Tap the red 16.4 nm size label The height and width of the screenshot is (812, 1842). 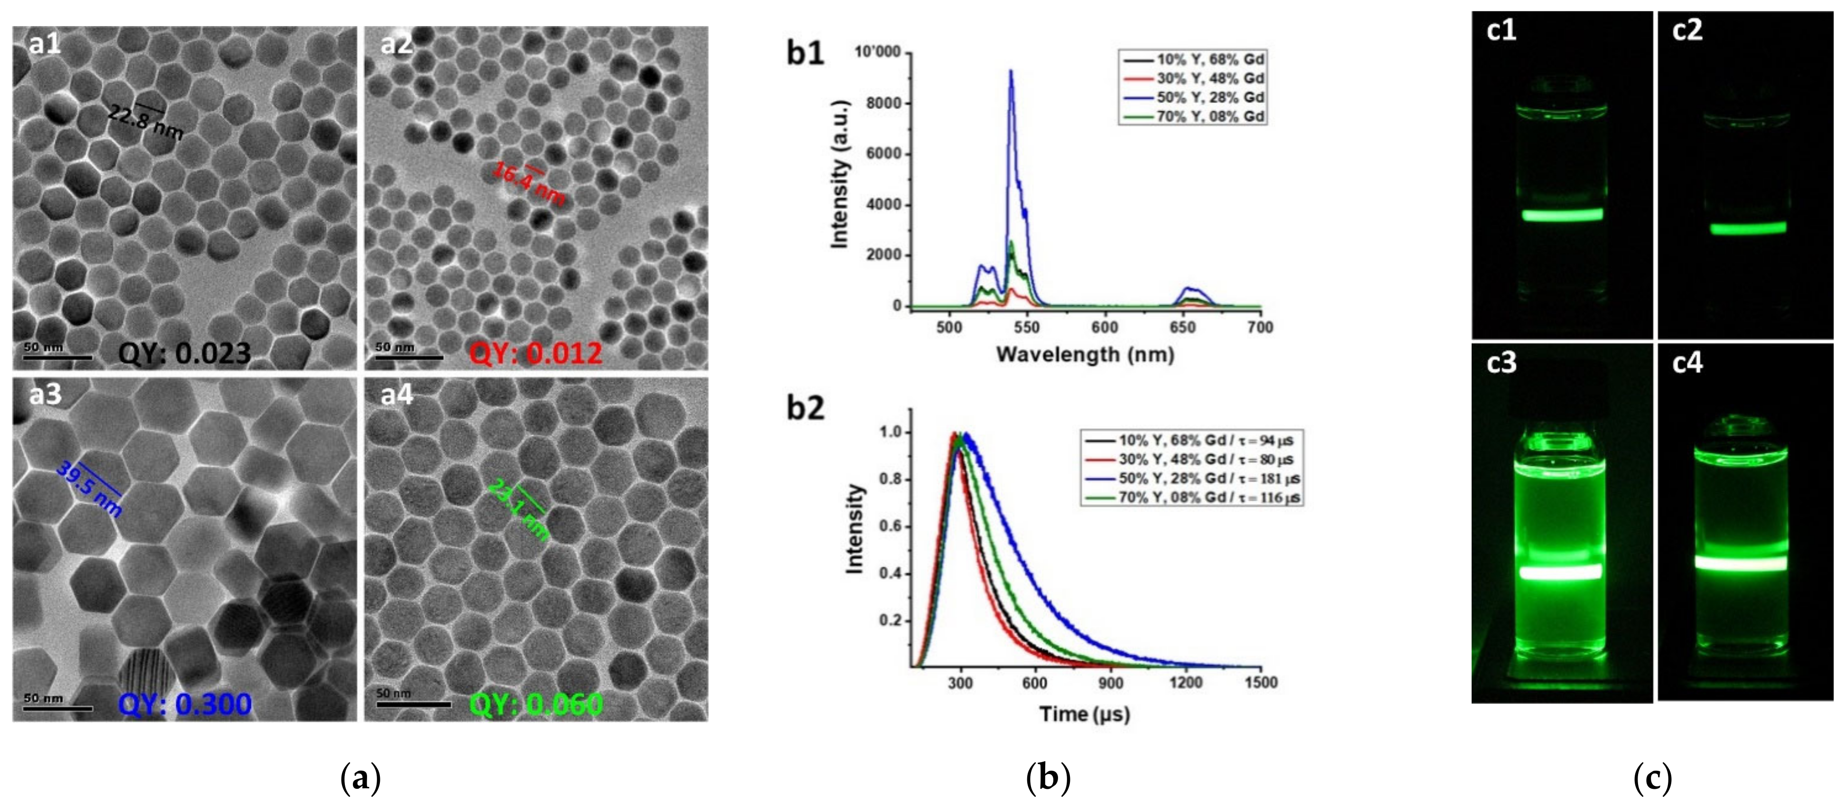(528, 183)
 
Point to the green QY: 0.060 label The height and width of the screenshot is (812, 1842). (535, 705)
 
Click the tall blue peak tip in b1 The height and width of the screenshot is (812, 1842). (1010, 71)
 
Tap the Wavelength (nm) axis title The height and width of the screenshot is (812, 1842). (1085, 354)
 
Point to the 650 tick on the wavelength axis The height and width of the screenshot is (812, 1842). (1182, 327)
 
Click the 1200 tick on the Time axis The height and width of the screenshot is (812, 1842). (1185, 683)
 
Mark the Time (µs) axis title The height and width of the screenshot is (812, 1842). (1085, 713)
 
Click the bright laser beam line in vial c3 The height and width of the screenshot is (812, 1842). (1560, 572)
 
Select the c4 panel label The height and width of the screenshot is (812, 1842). (1687, 363)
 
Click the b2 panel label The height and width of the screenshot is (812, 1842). (805, 408)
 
